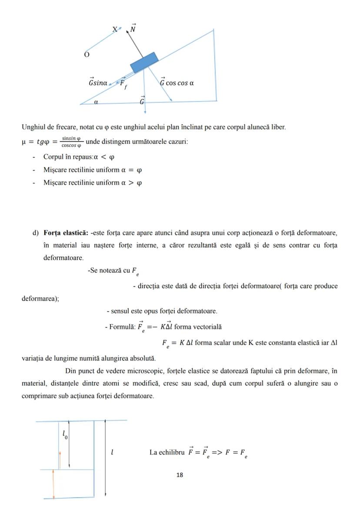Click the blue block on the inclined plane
[x=144, y=63]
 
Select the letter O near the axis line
[x=87, y=55]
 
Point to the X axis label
[x=115, y=30]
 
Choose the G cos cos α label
[x=177, y=82]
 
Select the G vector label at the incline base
[x=142, y=101]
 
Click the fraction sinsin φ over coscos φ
[x=70, y=142]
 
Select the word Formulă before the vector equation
[x=123, y=327]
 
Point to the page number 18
[x=180, y=475]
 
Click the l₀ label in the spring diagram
[x=65, y=434]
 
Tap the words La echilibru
[x=167, y=452]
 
